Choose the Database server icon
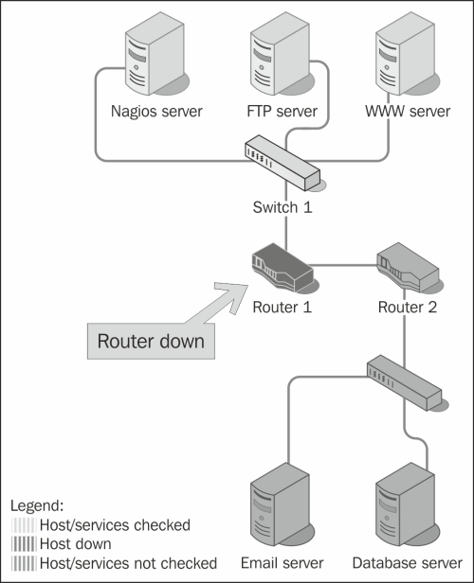pyautogui.click(x=407, y=504)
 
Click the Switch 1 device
pyautogui.click(x=283, y=163)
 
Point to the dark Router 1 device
pyautogui.click(x=283, y=268)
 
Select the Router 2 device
pyautogui.click(x=409, y=268)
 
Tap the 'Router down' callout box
pyautogui.click(x=151, y=341)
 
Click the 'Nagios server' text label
pyautogui.click(x=156, y=111)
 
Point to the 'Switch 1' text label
pyautogui.click(x=283, y=207)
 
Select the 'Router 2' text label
pyautogui.click(x=408, y=307)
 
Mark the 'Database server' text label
pyautogui.click(x=408, y=563)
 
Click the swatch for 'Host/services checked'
pyautogui.click(x=24, y=525)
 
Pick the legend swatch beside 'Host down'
pyautogui.click(x=24, y=544)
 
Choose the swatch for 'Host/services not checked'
pyautogui.click(x=24, y=563)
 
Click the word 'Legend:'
pyautogui.click(x=37, y=505)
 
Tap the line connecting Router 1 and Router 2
pyautogui.click(x=343, y=265)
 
